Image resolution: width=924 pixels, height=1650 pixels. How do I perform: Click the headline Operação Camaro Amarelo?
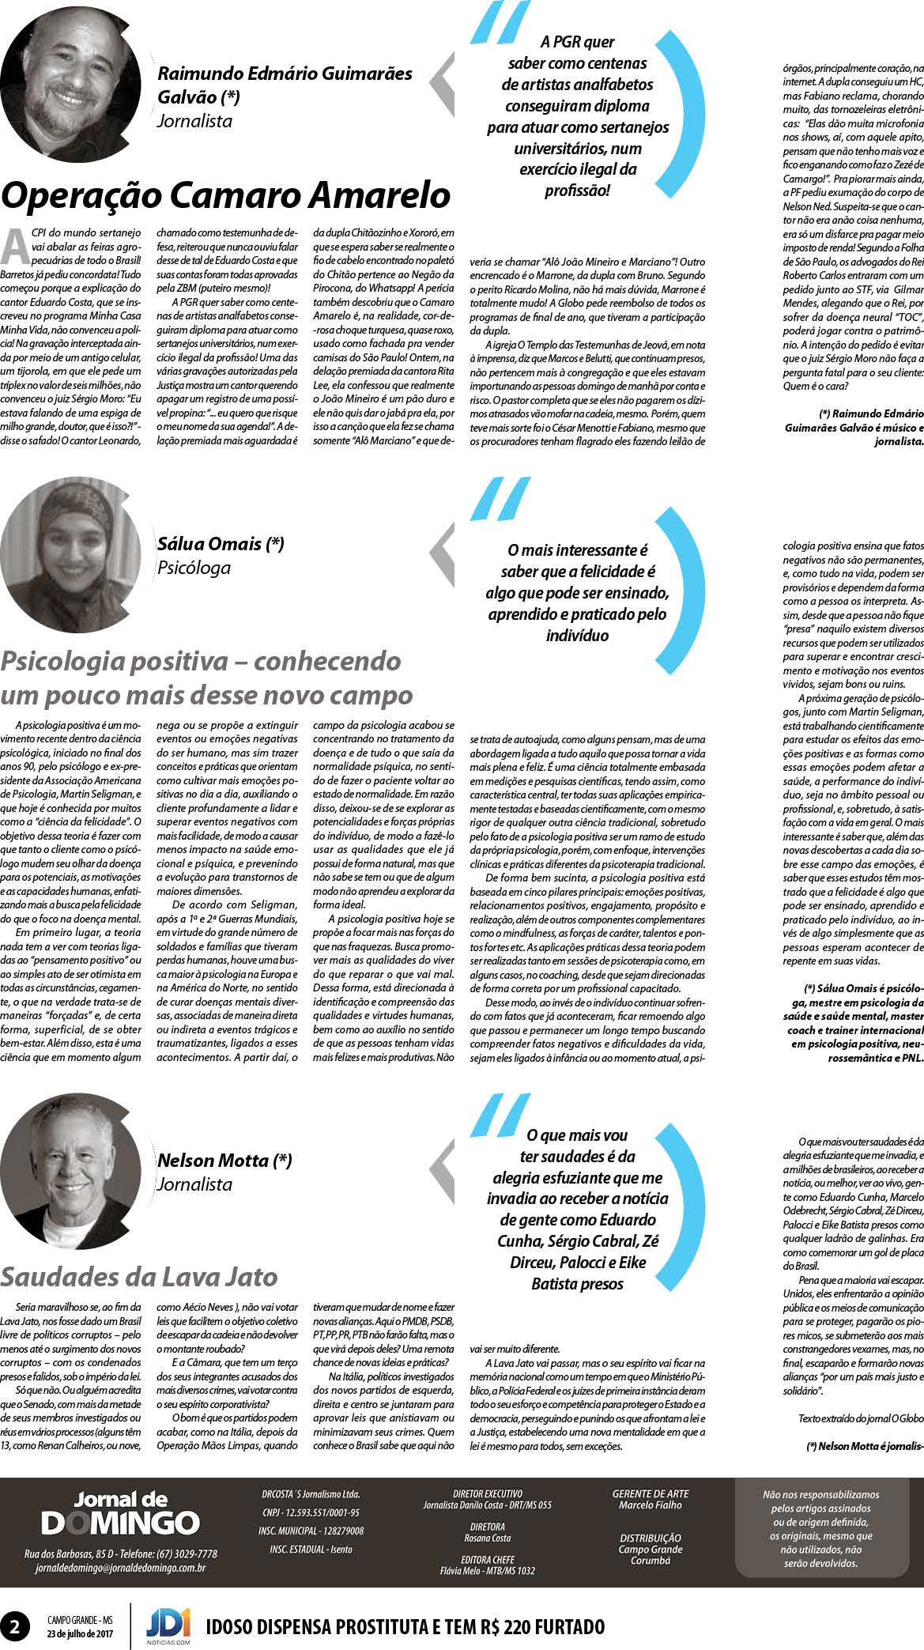click(x=226, y=195)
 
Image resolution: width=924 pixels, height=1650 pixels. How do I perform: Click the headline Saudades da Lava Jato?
click(x=139, y=1277)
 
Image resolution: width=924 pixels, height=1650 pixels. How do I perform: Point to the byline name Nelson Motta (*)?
click(x=224, y=1161)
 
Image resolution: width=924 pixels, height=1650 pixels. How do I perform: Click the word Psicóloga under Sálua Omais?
click(x=194, y=568)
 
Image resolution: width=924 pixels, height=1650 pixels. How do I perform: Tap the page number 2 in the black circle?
click(x=15, y=1626)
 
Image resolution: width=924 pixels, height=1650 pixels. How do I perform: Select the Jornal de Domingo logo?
click(x=120, y=1514)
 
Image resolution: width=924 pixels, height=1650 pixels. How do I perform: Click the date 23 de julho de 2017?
click(x=80, y=1633)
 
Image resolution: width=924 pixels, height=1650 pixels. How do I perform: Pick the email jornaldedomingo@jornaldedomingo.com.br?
click(x=120, y=1568)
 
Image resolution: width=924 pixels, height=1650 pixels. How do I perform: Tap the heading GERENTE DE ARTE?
click(x=651, y=1493)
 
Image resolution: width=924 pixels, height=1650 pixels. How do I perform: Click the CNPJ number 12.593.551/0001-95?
click(x=311, y=1512)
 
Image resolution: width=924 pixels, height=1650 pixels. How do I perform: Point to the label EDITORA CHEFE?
click(x=488, y=1560)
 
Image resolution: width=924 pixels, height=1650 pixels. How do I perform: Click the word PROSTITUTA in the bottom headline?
click(x=405, y=1627)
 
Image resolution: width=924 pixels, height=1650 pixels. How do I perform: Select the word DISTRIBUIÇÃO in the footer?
click(x=651, y=1538)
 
